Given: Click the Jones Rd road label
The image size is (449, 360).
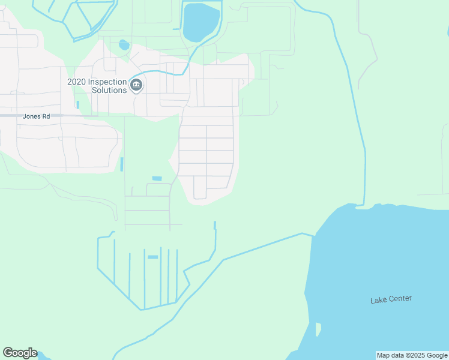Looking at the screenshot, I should click(x=36, y=116).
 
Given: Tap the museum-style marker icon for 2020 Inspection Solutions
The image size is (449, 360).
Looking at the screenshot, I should click(x=136, y=85).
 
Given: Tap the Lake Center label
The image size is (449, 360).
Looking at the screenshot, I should click(x=391, y=299).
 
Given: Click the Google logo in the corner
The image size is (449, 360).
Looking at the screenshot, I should click(x=20, y=353).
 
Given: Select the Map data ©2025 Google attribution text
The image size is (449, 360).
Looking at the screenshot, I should click(x=412, y=355).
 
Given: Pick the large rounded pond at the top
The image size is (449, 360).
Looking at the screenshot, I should click(x=200, y=23).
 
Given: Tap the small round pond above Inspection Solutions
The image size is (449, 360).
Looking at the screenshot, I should click(x=124, y=45).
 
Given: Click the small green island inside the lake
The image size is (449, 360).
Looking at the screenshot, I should click(x=318, y=329).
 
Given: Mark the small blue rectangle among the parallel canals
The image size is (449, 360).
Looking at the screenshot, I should click(x=152, y=257).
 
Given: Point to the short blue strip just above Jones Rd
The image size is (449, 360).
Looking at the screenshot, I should click(x=77, y=105).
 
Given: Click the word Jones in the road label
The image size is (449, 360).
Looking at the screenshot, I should click(x=31, y=116).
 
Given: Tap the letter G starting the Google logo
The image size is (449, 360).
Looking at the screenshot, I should click(x=7, y=353).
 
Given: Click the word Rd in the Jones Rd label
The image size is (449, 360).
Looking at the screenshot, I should click(x=46, y=116).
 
